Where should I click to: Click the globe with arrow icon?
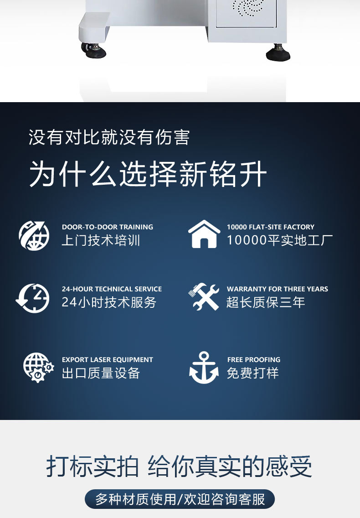[x=34, y=236]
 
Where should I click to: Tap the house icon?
[x=204, y=234]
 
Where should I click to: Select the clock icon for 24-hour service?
[x=33, y=298]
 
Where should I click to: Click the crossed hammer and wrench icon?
[x=204, y=297]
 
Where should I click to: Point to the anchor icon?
[x=204, y=368]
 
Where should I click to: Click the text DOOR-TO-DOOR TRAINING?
[x=108, y=227]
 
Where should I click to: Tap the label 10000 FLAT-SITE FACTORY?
[x=271, y=227]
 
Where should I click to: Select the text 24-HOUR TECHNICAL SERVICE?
[x=112, y=289]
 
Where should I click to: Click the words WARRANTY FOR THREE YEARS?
[x=277, y=289]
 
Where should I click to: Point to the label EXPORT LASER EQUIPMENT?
[x=108, y=359]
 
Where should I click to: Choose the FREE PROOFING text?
[x=254, y=359]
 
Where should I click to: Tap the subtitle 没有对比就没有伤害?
[x=109, y=137]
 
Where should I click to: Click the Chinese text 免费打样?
[x=252, y=373]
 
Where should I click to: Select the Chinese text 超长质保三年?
[x=266, y=302]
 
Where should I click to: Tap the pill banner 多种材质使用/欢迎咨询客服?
[x=180, y=499]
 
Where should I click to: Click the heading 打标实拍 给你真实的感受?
[x=179, y=466]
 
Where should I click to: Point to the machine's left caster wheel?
[x=93, y=51]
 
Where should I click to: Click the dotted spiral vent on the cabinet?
[x=248, y=7]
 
